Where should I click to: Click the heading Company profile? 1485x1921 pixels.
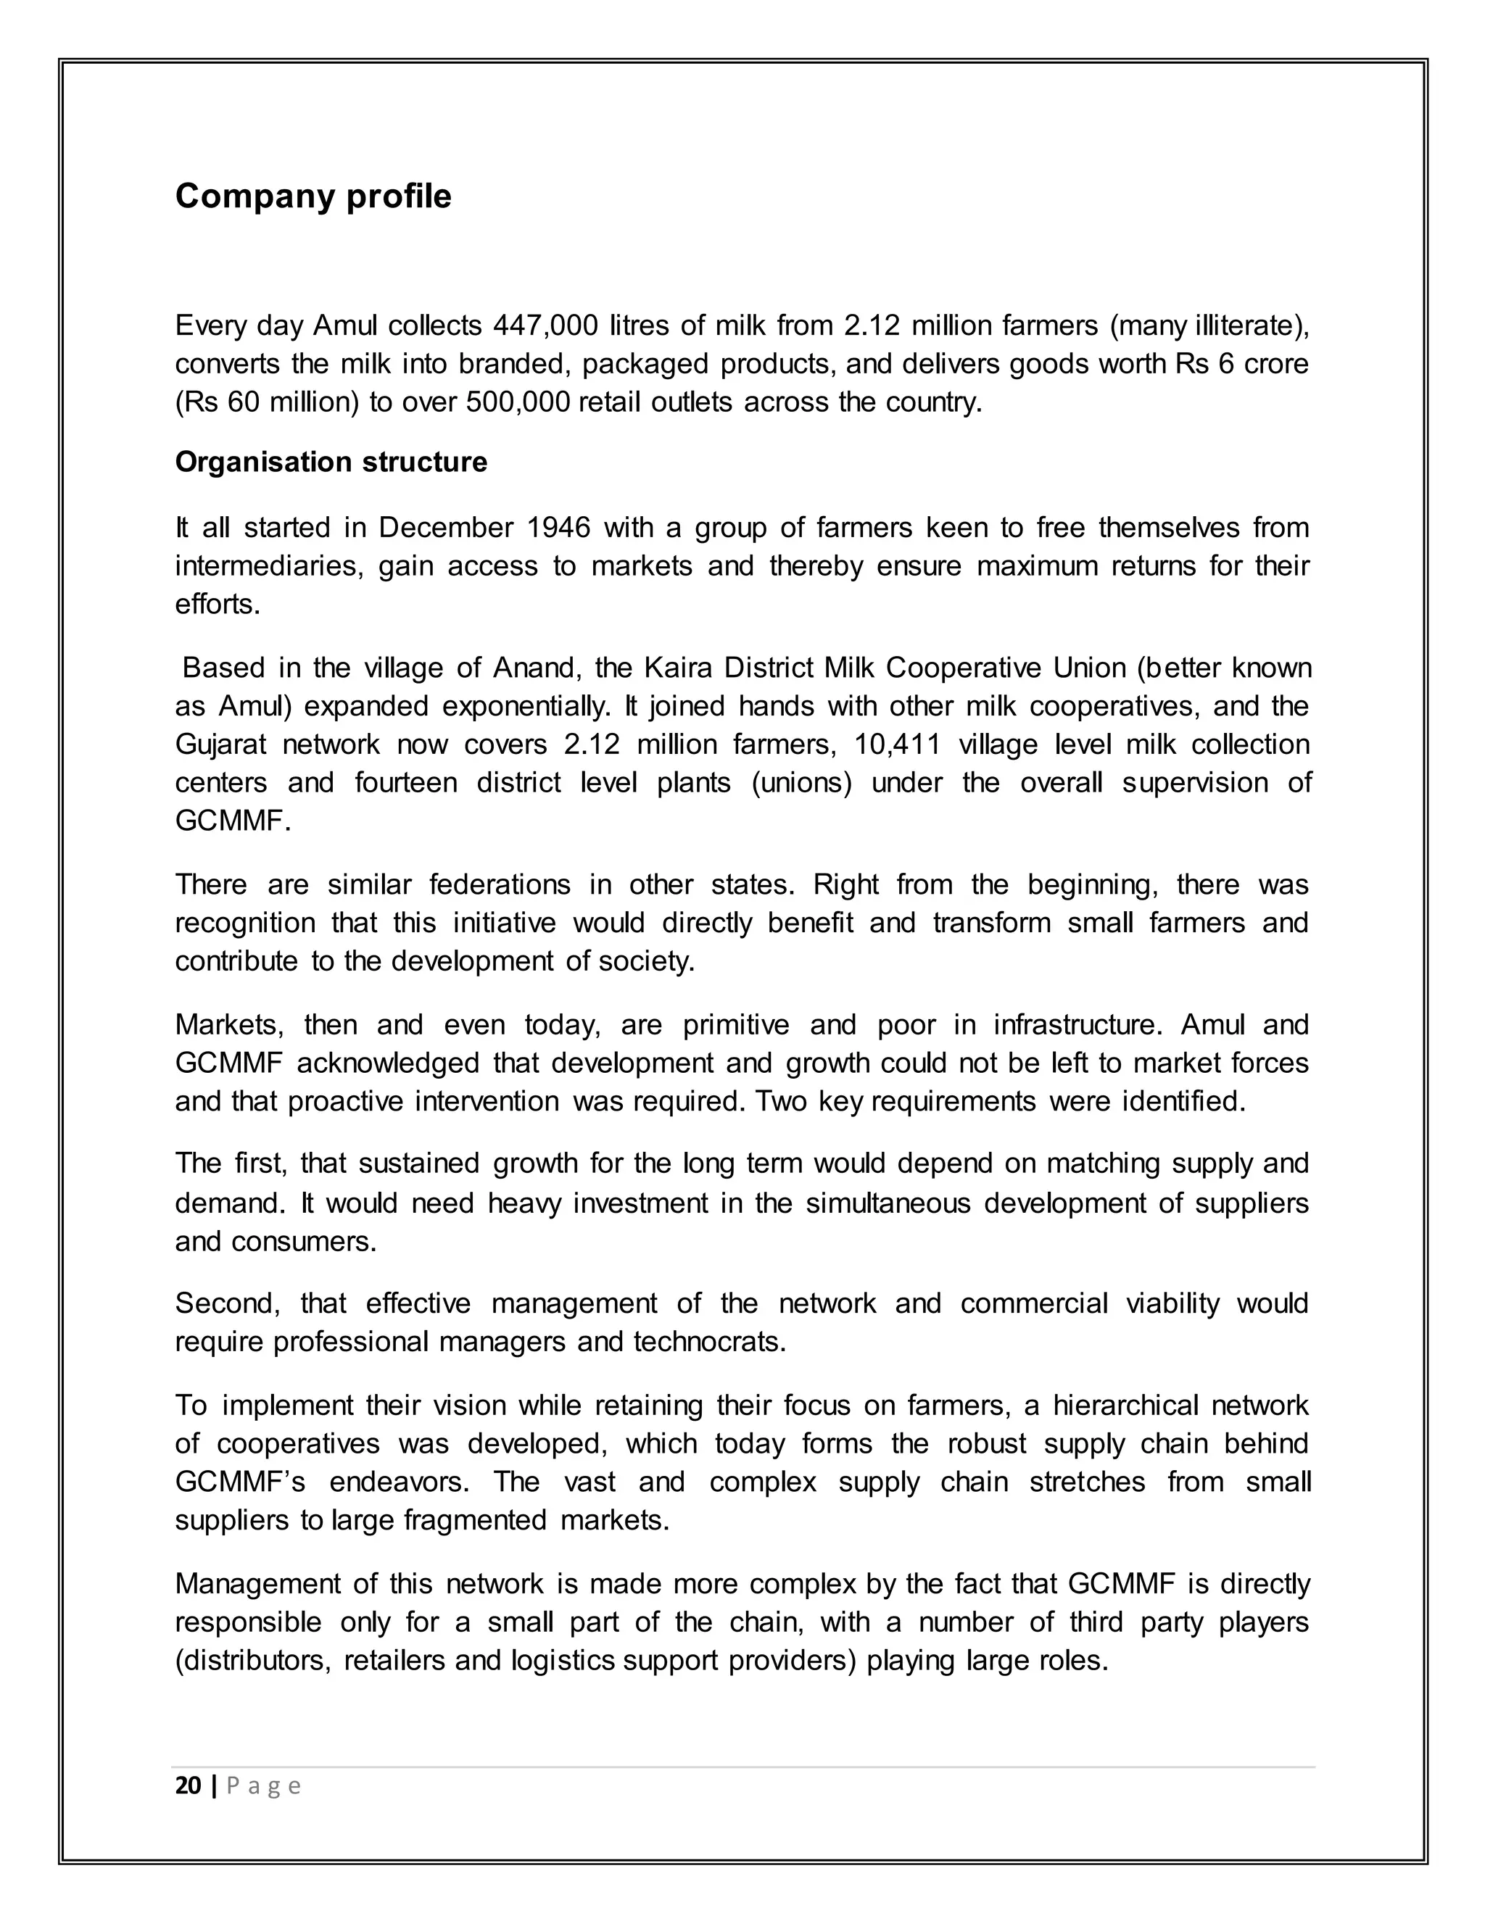click(313, 196)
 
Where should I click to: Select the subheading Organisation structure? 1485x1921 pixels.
click(331, 462)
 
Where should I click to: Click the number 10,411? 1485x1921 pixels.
click(898, 744)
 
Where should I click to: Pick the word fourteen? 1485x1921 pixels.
click(405, 782)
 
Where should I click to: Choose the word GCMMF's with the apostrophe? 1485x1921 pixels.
click(239, 1482)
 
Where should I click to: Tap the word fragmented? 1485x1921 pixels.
click(474, 1520)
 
